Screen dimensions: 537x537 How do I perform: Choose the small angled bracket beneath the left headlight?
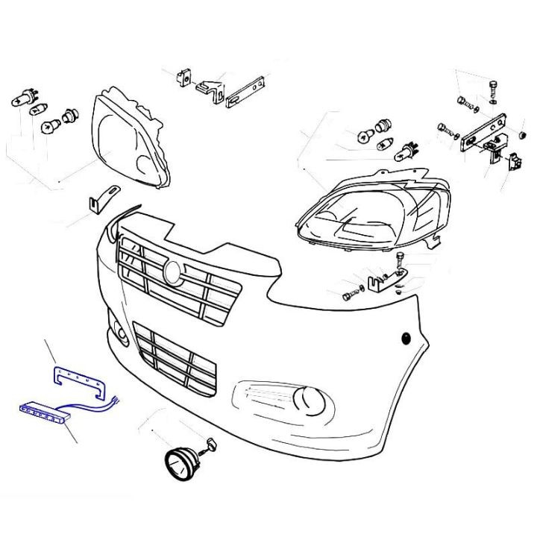(101, 198)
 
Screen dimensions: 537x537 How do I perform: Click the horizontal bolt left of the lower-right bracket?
(351, 296)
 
